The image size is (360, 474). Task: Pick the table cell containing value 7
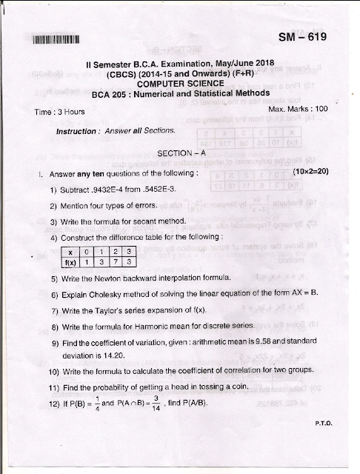tap(114, 261)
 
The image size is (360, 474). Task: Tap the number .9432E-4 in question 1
tap(115, 190)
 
